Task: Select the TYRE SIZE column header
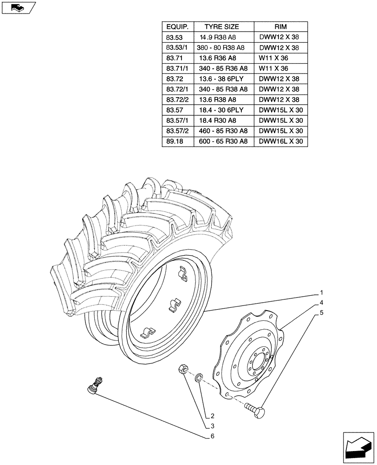click(x=223, y=27)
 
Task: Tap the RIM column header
click(x=280, y=27)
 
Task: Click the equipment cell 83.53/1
click(x=175, y=48)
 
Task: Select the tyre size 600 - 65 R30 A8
click(x=222, y=141)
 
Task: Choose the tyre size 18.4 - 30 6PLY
click(x=221, y=110)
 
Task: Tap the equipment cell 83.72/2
click(x=175, y=100)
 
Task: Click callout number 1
click(x=321, y=293)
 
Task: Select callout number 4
click(x=321, y=303)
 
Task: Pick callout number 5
click(x=321, y=312)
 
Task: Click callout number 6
click(x=212, y=436)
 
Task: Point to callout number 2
click(x=212, y=416)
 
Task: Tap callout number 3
click(x=212, y=426)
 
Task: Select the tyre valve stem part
click(x=95, y=386)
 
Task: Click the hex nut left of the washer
click(x=183, y=370)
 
